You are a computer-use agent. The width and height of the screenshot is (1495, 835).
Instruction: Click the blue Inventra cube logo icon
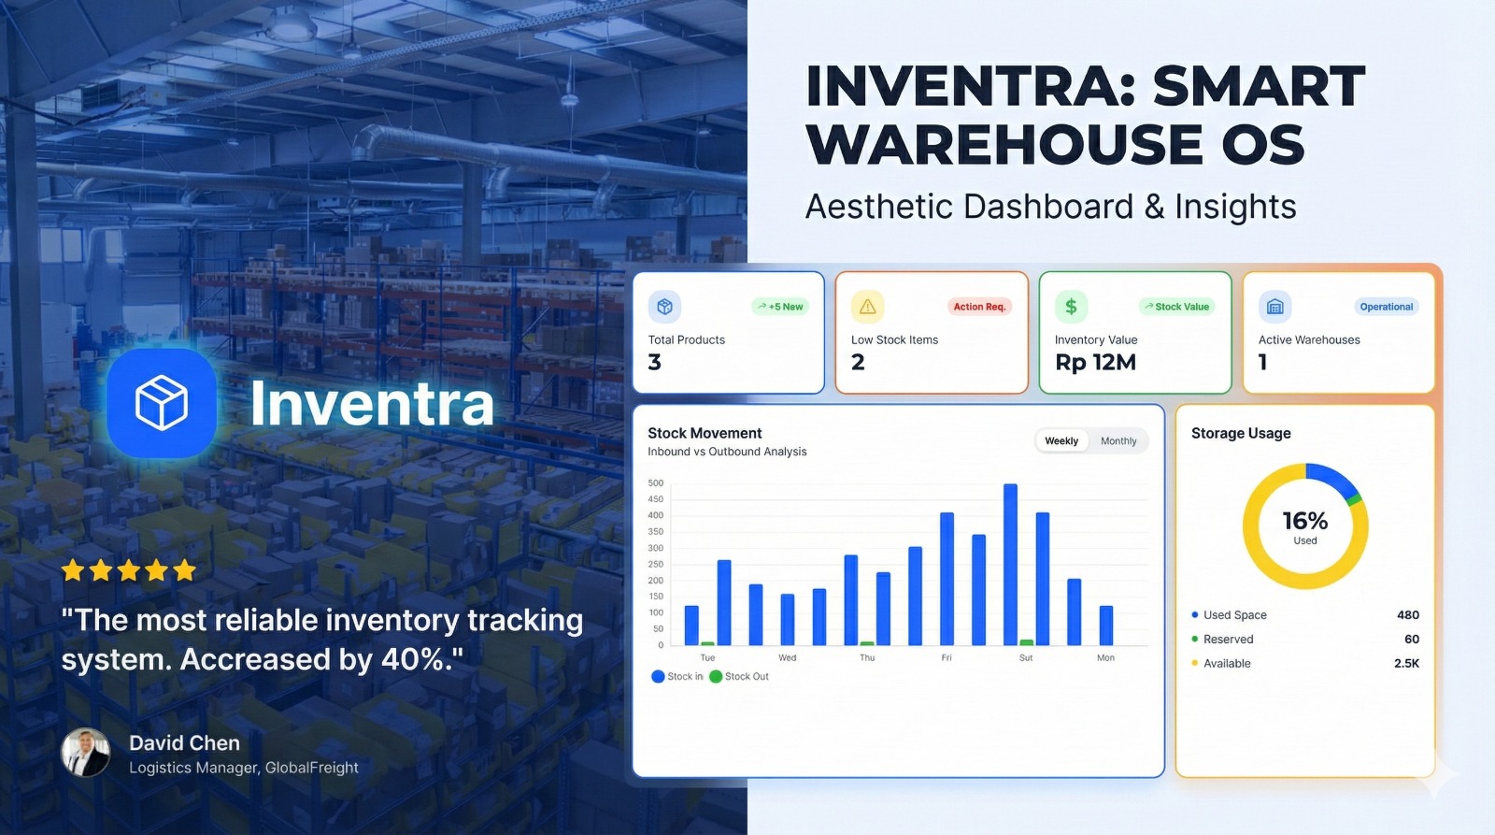tap(162, 403)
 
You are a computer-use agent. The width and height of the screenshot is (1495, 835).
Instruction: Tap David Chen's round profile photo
tap(85, 753)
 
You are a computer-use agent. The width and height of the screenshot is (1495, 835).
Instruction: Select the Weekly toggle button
tap(1061, 441)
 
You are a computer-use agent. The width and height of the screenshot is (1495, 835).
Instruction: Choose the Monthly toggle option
tap(1118, 441)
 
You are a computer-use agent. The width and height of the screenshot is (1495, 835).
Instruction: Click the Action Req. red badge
tap(979, 307)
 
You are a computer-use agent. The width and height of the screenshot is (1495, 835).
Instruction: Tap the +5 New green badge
tap(780, 307)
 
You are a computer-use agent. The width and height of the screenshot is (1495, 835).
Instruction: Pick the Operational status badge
tap(1386, 307)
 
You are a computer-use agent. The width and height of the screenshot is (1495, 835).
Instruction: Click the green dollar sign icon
tap(1071, 307)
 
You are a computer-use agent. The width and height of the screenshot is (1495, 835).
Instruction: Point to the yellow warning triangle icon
tap(867, 307)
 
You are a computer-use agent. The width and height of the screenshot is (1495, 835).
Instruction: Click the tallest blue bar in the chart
tap(1010, 564)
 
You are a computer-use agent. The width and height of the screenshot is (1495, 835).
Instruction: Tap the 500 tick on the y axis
tap(656, 483)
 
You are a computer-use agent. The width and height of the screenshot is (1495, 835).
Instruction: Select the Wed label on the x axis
tap(788, 658)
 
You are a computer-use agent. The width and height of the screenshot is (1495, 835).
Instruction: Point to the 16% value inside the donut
tap(1304, 521)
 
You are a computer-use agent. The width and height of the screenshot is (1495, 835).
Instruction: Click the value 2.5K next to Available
tap(1406, 664)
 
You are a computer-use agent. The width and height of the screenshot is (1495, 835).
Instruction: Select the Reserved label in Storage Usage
tap(1228, 640)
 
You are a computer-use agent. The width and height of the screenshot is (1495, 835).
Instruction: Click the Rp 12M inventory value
tap(1095, 363)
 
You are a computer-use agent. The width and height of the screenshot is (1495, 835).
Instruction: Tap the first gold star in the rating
tap(73, 570)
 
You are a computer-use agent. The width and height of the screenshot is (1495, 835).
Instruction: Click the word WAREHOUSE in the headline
tap(1004, 145)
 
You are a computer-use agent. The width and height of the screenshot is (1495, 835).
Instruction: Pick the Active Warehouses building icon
tap(1274, 307)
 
